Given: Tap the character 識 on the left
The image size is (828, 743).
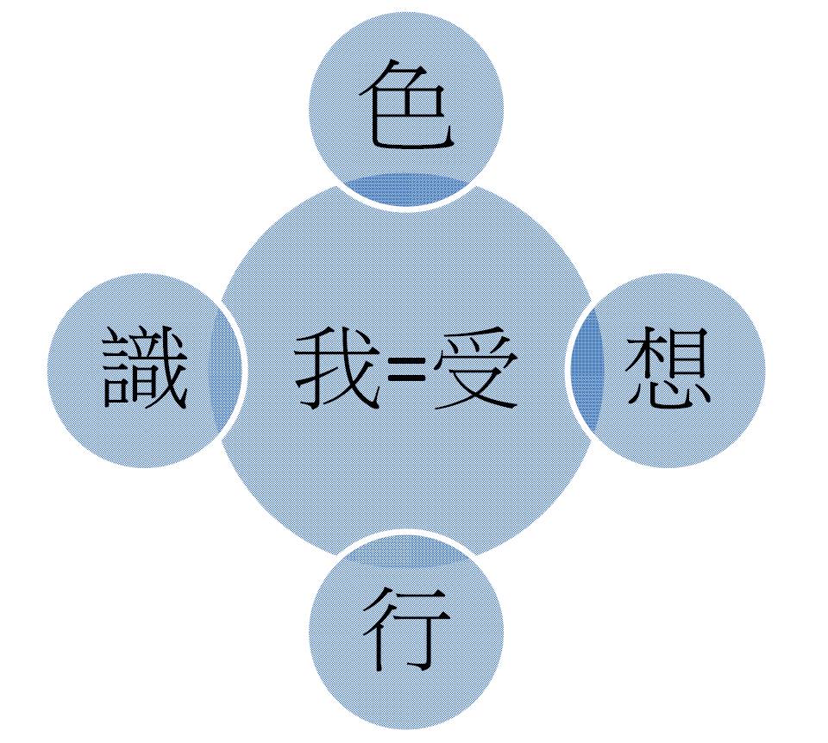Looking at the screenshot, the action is [x=145, y=368].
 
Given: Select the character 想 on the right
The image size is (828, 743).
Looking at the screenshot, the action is [x=668, y=368].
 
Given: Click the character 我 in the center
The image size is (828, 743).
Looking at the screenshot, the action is [x=338, y=368].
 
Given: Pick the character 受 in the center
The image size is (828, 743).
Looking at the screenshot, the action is [x=475, y=368].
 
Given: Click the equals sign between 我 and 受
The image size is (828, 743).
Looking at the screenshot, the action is [x=406, y=369].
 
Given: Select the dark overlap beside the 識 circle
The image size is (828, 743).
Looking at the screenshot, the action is [x=226, y=369].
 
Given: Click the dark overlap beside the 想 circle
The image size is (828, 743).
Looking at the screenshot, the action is [x=586, y=369].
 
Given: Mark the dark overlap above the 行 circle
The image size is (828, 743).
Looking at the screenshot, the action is [x=406, y=551].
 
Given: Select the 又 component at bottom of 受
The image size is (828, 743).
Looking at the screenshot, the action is [x=475, y=390].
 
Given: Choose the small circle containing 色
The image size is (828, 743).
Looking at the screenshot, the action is [x=406, y=109].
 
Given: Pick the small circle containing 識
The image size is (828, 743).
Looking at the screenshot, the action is [x=145, y=370].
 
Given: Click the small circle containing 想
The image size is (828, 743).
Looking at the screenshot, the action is [x=668, y=370].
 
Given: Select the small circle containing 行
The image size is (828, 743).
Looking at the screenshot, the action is [x=406, y=632].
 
